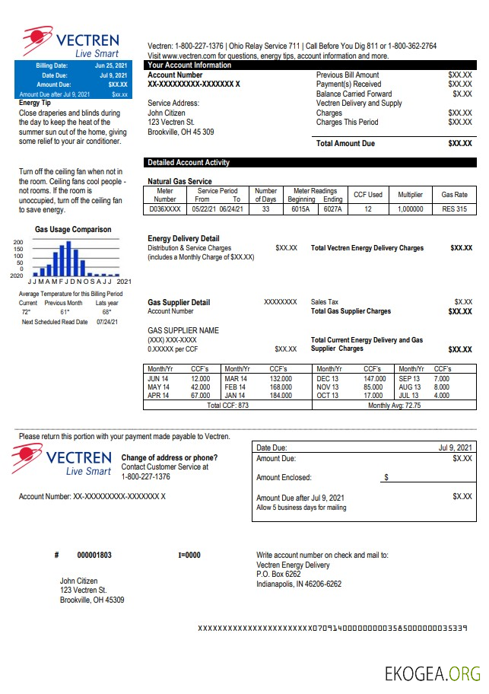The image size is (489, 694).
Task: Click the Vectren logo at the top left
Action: point(69,42)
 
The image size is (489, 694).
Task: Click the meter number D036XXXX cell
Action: point(165,209)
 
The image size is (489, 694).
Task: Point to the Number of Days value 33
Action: point(265,209)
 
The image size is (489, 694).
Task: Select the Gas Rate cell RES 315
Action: point(454,209)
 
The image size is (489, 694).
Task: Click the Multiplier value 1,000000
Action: point(410,209)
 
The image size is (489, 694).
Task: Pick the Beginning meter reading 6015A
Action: point(301,209)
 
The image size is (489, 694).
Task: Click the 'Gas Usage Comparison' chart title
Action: point(73,230)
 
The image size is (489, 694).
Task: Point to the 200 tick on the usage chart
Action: point(18,243)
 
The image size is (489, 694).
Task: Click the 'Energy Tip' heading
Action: point(34,103)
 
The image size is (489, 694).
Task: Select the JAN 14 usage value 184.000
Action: point(281,396)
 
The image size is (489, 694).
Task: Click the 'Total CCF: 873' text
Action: point(227,406)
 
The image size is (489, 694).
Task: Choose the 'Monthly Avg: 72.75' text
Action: point(394,406)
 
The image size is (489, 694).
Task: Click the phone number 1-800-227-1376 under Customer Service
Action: point(146,477)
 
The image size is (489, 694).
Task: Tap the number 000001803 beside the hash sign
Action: point(94,556)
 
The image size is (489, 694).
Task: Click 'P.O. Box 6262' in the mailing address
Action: point(278,575)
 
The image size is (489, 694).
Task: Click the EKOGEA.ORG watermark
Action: point(431,673)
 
